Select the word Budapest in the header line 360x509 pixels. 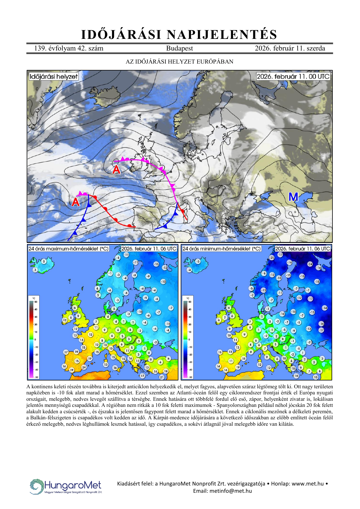pyautogui.click(x=179, y=48)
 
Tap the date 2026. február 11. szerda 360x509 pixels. pyautogui.click(x=290, y=48)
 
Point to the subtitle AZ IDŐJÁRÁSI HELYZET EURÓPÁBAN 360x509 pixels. pyautogui.click(x=179, y=62)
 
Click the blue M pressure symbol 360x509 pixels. pyautogui.click(x=293, y=197)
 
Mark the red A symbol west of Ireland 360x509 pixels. pyautogui.click(x=116, y=169)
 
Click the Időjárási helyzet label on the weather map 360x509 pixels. pyautogui.click(x=54, y=77)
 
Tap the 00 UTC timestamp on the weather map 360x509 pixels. pyautogui.click(x=293, y=77)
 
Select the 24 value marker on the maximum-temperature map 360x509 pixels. pyautogui.click(x=84, y=367)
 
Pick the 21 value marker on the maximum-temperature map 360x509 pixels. pyautogui.click(x=162, y=377)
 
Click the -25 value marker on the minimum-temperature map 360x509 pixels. pyautogui.click(x=272, y=258)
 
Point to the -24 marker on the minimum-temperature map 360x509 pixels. pyautogui.click(x=310, y=264)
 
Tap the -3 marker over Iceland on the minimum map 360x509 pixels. pyautogui.click(x=198, y=261)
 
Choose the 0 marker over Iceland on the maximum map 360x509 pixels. pyautogui.click(x=44, y=261)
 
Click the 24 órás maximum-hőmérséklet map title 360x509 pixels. pyautogui.click(x=68, y=249)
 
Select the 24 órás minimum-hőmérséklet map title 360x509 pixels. pyautogui.click(x=221, y=249)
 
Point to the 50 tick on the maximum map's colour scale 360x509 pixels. pyautogui.click(x=36, y=302)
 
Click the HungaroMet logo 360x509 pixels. pyautogui.click(x=66, y=486)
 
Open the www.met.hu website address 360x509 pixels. pyautogui.click(x=307, y=483)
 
